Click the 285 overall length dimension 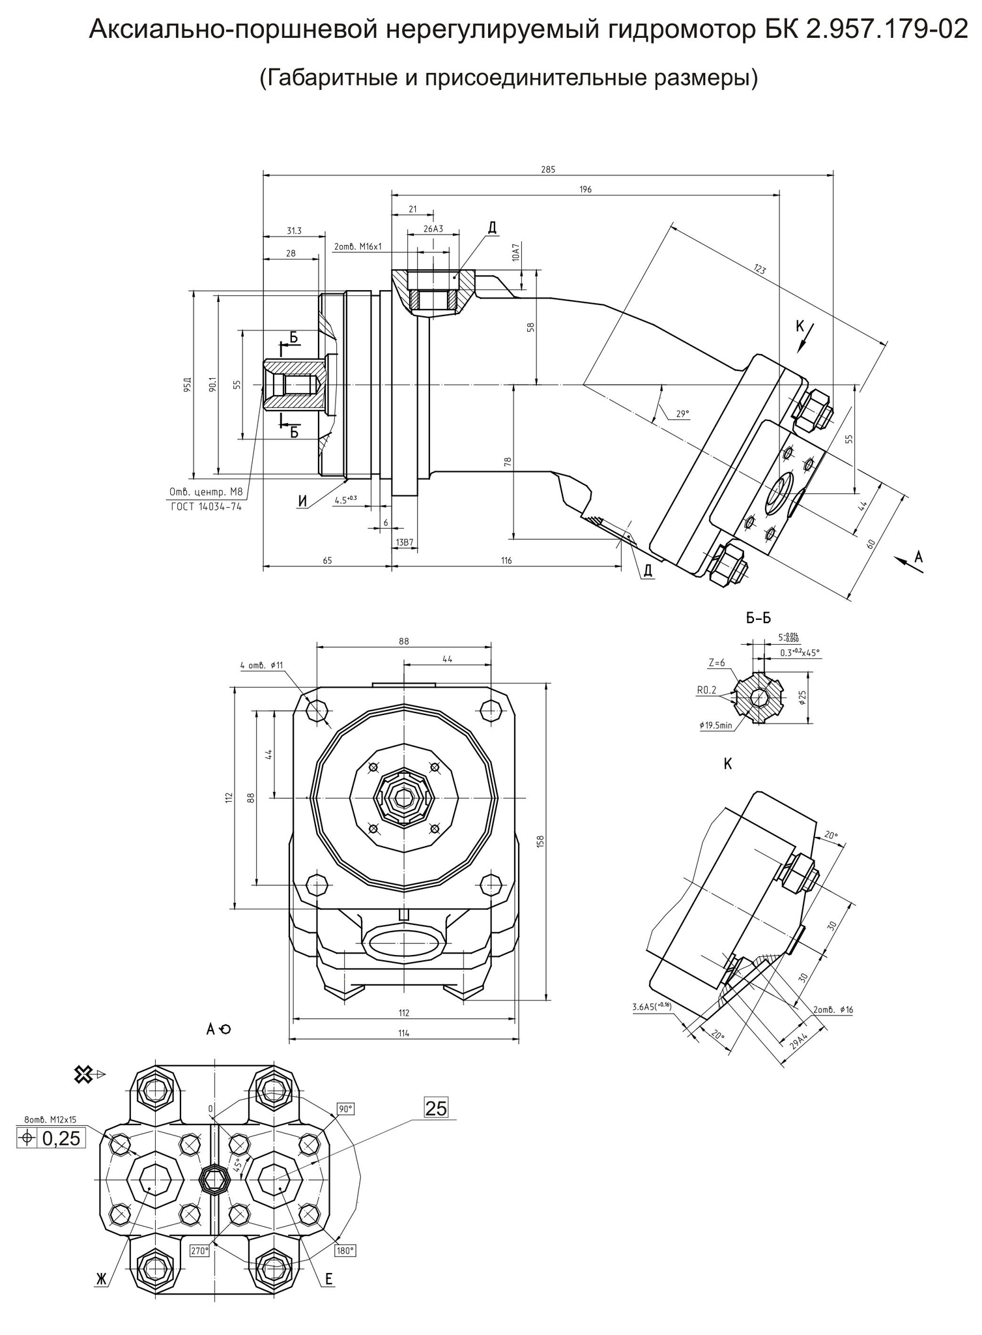click(x=548, y=169)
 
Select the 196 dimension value click(x=585, y=189)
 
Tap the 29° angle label click(x=682, y=413)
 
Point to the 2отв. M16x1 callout click(x=358, y=247)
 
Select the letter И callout click(x=302, y=500)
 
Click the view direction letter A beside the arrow click(x=919, y=556)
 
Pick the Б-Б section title click(x=758, y=618)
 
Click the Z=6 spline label click(x=717, y=662)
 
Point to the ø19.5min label click(x=715, y=725)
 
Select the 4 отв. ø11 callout click(x=261, y=666)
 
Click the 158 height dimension click(x=540, y=842)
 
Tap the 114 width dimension click(x=404, y=1033)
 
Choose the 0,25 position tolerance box click(x=51, y=1138)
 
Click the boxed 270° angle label click(x=199, y=1251)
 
